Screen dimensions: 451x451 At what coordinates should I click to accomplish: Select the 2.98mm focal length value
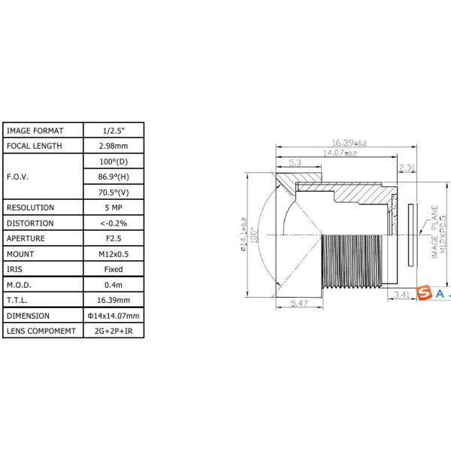(x=114, y=146)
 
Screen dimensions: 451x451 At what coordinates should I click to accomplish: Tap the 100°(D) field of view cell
(x=114, y=162)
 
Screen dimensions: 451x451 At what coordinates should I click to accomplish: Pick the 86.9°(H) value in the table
(x=114, y=177)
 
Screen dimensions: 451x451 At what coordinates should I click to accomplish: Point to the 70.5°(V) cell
(x=114, y=192)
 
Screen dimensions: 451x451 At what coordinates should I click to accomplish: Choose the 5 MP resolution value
(x=114, y=207)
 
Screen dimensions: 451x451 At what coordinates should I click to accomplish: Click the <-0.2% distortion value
(x=114, y=223)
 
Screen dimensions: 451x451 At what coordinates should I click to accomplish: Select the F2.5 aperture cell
(x=114, y=238)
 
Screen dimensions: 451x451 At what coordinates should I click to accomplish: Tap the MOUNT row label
(x=20, y=254)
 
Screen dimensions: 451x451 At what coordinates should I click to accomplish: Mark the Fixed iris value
(x=114, y=269)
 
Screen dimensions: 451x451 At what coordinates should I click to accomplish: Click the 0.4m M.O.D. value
(x=114, y=285)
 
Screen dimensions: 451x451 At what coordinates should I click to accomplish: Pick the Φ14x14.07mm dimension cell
(x=114, y=316)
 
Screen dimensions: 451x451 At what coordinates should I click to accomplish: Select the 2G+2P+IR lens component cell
(x=114, y=331)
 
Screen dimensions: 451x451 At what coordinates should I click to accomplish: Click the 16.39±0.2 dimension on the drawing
(x=349, y=143)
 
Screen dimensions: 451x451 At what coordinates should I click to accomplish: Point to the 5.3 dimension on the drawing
(x=295, y=162)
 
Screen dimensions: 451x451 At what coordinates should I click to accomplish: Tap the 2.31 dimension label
(x=407, y=167)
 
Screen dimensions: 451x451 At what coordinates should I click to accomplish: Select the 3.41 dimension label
(x=402, y=295)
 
